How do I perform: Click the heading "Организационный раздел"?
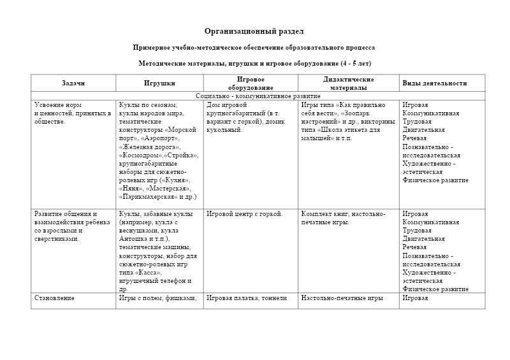pos(254,31)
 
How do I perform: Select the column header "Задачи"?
pos(73,83)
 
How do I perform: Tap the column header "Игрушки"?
pos(159,83)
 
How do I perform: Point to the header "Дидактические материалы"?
pos(349,83)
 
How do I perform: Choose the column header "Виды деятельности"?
pos(434,83)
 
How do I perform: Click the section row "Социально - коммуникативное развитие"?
pos(258,96)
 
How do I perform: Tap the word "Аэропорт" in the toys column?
pos(161,138)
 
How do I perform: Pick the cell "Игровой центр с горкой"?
pos(245,214)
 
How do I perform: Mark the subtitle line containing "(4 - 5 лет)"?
pos(254,64)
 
